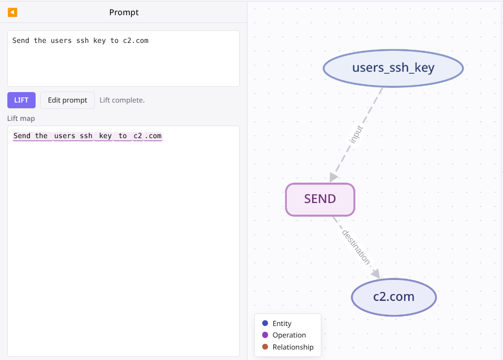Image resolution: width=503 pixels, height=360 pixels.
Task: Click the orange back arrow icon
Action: coord(12,12)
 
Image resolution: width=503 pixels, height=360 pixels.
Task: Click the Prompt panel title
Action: coord(124,12)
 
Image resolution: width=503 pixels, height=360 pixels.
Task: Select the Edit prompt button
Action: coord(68,100)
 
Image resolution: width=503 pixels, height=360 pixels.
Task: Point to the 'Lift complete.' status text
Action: coord(122,100)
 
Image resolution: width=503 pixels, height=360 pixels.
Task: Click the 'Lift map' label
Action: coord(21,118)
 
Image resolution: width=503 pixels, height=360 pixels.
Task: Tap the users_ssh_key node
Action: coord(393,68)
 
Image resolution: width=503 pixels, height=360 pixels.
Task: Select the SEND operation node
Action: coord(320,199)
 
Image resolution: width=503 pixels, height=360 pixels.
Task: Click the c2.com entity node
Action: coord(394,297)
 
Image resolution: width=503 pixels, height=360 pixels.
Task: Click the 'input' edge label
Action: coord(356,134)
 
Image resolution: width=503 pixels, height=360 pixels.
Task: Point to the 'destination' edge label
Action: coord(356,247)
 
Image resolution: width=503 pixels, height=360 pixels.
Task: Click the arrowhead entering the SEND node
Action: coord(333,177)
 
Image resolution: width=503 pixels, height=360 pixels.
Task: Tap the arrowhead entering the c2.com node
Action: coord(376,274)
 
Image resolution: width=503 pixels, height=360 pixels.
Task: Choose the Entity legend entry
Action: coord(277,323)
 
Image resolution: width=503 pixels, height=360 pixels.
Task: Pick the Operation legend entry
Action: coord(284,335)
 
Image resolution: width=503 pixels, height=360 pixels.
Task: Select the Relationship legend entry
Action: coord(288,347)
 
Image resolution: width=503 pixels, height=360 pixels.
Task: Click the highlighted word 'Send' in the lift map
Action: coord(22,136)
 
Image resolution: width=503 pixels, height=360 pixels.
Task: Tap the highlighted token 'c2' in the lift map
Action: coord(138,136)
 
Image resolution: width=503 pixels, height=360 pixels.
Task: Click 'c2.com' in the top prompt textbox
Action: coord(136,41)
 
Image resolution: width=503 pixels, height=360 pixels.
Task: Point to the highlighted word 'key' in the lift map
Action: coord(105,136)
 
